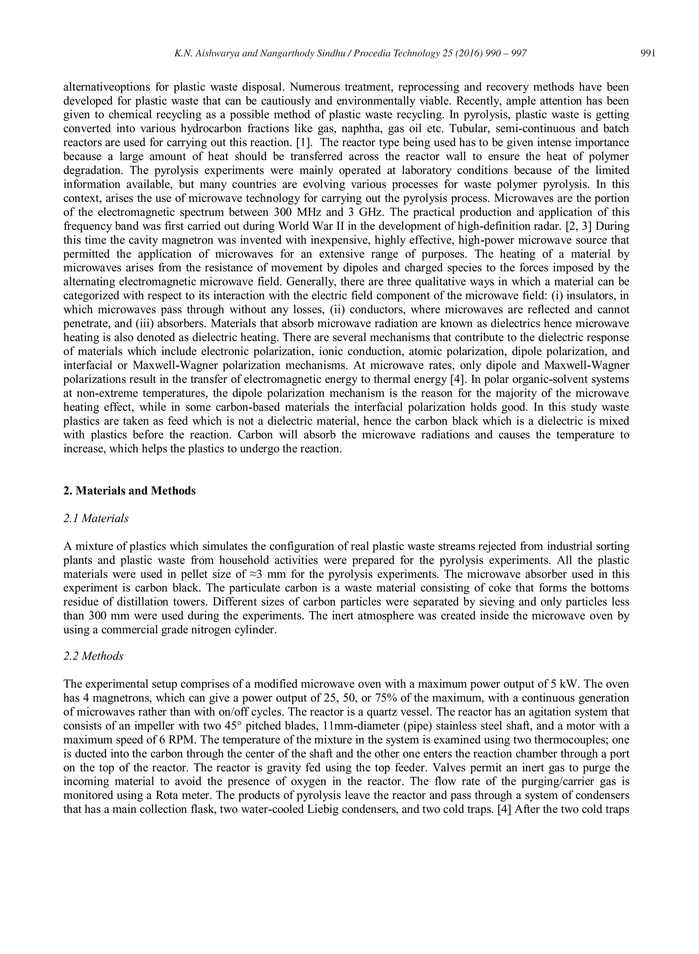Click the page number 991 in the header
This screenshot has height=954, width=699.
648,53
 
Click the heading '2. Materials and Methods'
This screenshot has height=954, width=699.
129,491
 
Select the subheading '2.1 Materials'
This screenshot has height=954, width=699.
96,518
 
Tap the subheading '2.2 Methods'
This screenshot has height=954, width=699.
93,656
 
